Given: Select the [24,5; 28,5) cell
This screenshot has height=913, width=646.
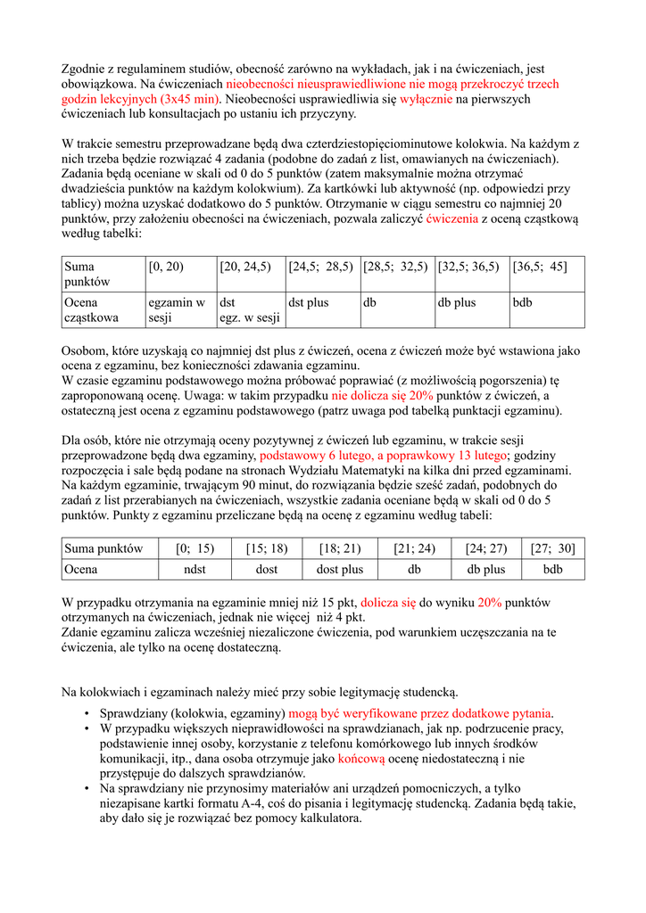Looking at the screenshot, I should pos(321,267).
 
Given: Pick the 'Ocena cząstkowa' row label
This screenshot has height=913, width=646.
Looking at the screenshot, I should pos(90,310).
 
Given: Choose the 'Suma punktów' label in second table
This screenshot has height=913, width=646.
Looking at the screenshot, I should pos(104,549).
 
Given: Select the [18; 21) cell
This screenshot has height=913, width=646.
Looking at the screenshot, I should pos(340,549).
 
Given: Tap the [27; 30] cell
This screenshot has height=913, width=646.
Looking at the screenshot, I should pos(554,549).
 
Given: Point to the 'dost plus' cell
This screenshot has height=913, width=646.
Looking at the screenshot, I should pos(340,569).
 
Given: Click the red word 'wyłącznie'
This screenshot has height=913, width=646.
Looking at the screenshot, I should pos(427,100).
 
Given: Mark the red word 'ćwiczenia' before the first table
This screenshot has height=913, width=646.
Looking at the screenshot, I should pos(452,218).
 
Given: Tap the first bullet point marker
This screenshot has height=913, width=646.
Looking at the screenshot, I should pos(87,714).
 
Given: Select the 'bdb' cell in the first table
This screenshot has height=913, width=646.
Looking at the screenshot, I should pos(523,303).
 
